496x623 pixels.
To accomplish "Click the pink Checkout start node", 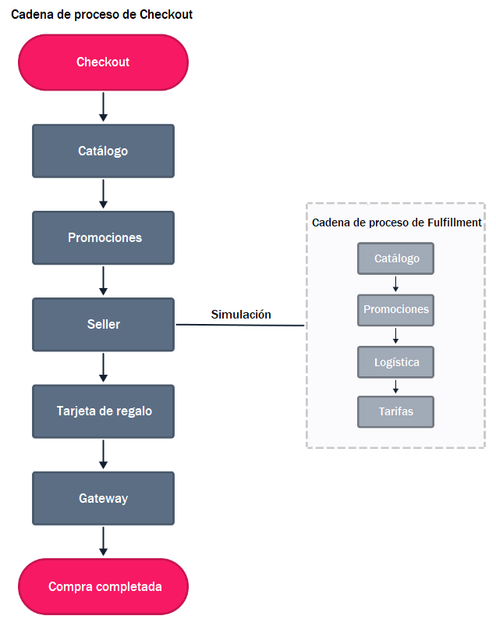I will point(103,62).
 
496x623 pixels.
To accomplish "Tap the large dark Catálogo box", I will point(103,151).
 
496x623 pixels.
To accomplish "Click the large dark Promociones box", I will point(103,237).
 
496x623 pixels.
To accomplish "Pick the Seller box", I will point(103,324).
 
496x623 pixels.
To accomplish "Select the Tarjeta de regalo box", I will point(103,411).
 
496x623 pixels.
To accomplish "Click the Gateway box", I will point(103,498).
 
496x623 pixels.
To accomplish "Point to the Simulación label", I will point(241,315).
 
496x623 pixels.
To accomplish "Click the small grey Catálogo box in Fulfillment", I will point(395,258).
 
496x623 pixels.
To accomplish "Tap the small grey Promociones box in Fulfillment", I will point(395,310).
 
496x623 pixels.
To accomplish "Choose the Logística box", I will point(395,362).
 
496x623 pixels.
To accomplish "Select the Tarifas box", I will point(395,411).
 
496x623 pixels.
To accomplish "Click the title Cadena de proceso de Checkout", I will point(101,14).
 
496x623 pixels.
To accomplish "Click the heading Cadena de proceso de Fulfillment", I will point(396,222).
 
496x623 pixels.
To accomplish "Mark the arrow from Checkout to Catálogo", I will point(103,106).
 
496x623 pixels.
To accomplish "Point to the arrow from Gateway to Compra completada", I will point(103,541).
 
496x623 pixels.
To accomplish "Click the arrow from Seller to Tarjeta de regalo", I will point(103,367).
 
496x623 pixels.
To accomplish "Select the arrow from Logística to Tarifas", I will point(395,386).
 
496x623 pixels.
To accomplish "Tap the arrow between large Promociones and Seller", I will point(103,280).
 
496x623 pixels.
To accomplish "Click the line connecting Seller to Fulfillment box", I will point(240,326).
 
